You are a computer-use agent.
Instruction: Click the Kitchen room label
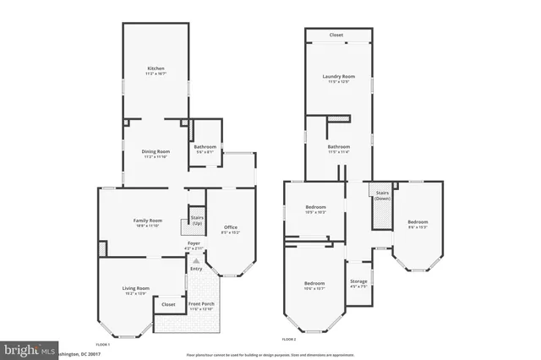coord(156,68)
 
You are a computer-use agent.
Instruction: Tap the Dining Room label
coord(156,151)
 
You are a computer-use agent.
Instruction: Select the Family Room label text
coord(147,221)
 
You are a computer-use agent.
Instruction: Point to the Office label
coord(230,227)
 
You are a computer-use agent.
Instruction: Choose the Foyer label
coord(194,243)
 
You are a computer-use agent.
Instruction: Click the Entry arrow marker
coord(196,262)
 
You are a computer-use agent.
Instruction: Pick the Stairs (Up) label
coord(196,219)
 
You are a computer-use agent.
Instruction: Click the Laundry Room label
coord(338,77)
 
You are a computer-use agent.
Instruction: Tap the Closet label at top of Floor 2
coord(336,35)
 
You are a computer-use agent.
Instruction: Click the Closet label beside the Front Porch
coord(168,303)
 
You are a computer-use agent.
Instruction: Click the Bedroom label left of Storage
coord(314,283)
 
